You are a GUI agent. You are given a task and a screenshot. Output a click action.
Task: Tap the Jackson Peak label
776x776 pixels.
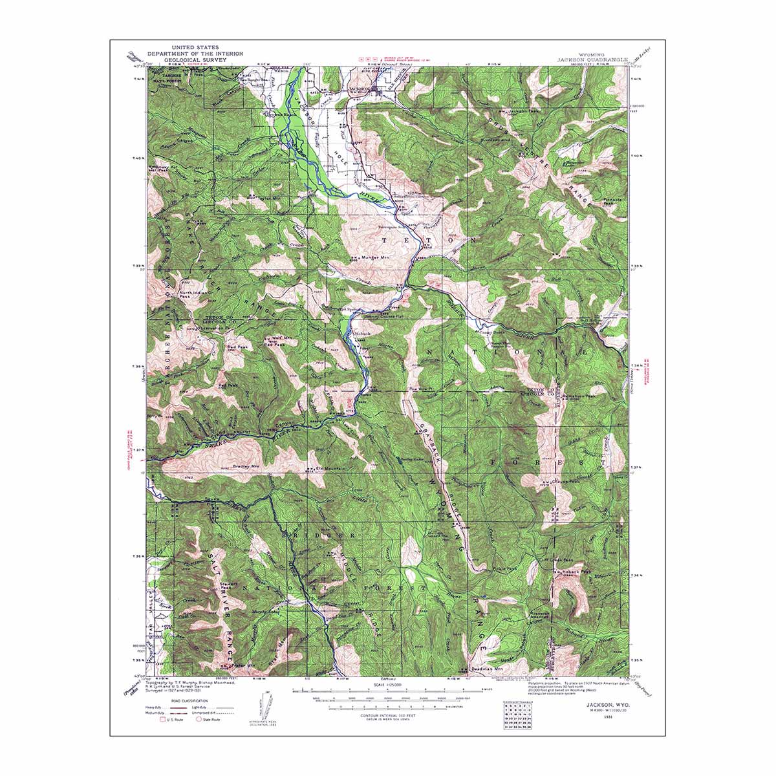524,112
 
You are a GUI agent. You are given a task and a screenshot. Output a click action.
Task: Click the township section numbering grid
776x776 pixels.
516,717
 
